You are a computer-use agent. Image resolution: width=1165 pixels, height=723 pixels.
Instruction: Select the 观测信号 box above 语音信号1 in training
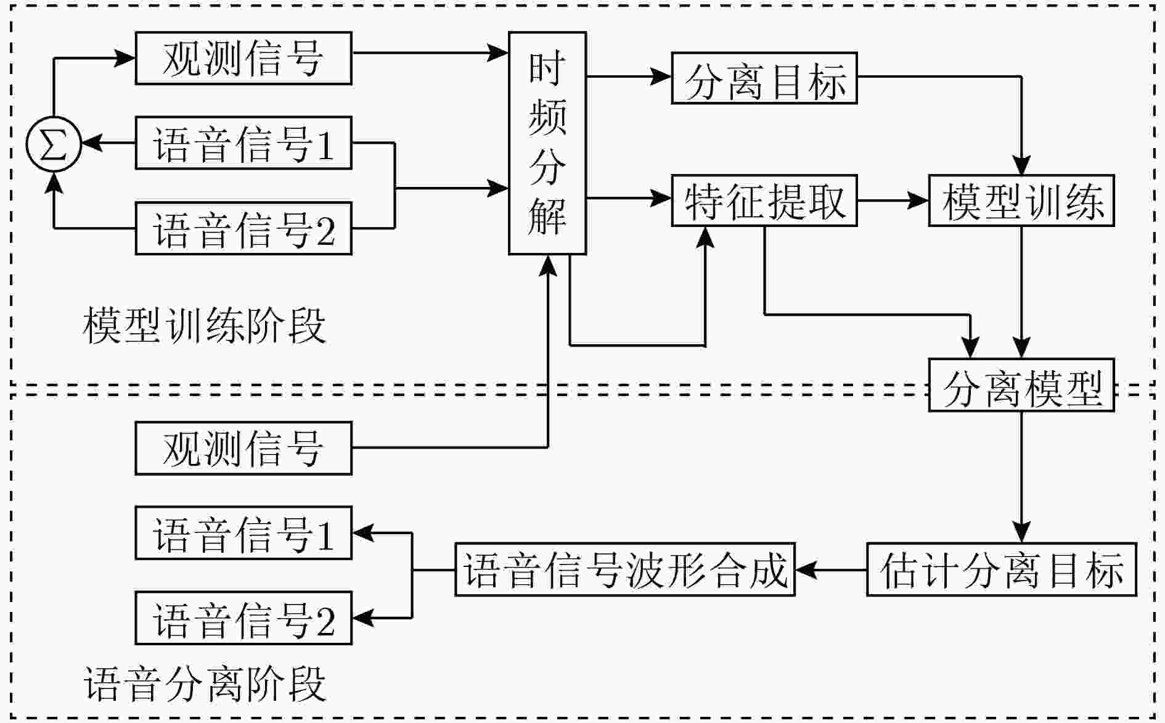(x=243, y=58)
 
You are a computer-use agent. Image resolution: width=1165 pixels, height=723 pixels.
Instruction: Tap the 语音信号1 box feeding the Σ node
(x=243, y=143)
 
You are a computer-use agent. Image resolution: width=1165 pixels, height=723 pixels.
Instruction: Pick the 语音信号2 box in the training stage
(x=243, y=228)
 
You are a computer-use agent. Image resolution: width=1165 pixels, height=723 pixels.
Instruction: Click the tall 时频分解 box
(x=547, y=143)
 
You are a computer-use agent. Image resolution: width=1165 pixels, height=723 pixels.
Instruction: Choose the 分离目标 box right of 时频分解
(x=764, y=78)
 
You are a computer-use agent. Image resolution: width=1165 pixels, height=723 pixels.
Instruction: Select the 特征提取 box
(x=764, y=200)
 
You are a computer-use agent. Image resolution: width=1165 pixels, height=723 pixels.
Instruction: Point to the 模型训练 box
(x=1021, y=200)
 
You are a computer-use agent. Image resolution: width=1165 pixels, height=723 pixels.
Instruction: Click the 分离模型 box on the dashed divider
(x=1021, y=385)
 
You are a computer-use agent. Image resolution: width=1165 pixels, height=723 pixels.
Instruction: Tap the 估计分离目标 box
(x=1002, y=569)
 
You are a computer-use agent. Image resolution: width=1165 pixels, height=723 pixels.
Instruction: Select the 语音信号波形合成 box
(x=625, y=569)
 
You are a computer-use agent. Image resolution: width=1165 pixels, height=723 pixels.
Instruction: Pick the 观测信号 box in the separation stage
(x=243, y=448)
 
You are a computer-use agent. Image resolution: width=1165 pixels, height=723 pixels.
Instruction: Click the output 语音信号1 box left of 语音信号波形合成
(x=243, y=533)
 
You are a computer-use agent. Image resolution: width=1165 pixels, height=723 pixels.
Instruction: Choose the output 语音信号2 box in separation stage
(x=243, y=618)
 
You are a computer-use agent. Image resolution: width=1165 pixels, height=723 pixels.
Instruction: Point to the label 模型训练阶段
(x=204, y=325)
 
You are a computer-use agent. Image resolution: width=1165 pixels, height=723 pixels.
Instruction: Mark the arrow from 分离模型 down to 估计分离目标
(x=1021, y=477)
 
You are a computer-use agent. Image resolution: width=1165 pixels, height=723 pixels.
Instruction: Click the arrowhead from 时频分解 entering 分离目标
(x=662, y=77)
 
